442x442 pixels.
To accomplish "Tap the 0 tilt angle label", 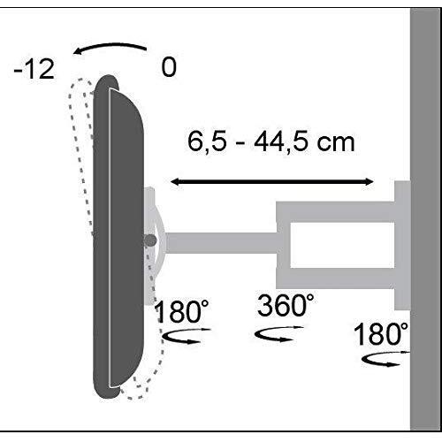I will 169,67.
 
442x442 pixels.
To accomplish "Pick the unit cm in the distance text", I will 336,142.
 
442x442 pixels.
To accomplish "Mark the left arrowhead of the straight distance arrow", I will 174,181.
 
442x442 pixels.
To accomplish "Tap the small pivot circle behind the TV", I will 151,240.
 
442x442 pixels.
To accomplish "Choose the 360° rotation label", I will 286,307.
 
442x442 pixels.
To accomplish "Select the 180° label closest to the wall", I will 381,335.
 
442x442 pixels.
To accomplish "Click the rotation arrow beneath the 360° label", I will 274,335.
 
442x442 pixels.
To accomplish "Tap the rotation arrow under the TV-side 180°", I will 187,336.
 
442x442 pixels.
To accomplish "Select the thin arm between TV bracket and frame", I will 221,240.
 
